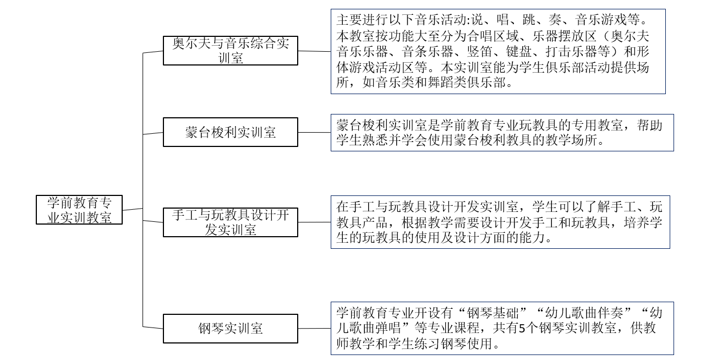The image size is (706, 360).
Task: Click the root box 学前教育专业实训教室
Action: point(79,210)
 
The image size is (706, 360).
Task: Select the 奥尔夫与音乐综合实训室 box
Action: point(231,51)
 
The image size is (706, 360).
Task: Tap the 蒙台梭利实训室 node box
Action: point(231,132)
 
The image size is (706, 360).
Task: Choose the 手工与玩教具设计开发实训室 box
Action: point(231,222)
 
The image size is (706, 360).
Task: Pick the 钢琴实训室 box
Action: point(231,329)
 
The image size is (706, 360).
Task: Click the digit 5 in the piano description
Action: point(522,329)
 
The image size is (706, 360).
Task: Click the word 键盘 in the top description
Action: point(519,51)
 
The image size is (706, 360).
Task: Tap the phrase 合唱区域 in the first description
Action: point(492,36)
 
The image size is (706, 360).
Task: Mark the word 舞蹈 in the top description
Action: point(440,82)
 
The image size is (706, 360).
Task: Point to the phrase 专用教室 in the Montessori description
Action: point(597,126)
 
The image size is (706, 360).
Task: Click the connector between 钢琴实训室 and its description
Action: point(314,329)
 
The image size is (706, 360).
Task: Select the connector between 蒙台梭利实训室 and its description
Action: point(314,133)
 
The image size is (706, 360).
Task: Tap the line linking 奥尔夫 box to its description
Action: point(314,51)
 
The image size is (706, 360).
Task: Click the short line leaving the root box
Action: point(133,209)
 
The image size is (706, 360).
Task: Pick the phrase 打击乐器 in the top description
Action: point(571,51)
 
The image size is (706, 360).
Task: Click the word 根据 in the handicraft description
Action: point(414,223)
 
